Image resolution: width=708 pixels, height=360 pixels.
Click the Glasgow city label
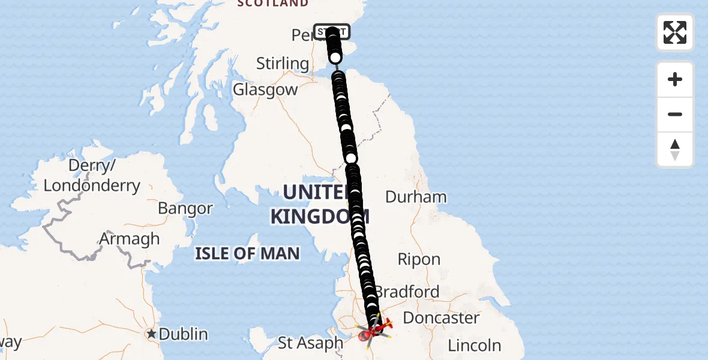click(x=265, y=90)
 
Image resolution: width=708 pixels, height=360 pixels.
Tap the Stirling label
click(x=282, y=63)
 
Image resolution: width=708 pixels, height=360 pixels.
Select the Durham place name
click(x=416, y=197)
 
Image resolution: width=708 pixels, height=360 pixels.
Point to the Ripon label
click(x=419, y=260)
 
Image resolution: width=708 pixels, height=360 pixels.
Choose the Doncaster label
click(x=442, y=318)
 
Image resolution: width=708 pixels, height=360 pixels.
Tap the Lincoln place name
click(x=475, y=346)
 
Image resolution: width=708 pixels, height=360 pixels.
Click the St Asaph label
click(x=311, y=343)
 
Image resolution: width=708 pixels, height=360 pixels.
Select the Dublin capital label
click(x=179, y=334)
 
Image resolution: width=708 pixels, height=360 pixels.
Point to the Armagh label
click(x=130, y=239)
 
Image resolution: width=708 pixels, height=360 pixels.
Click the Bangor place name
click(x=185, y=209)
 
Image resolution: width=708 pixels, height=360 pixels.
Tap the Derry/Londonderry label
click(x=92, y=175)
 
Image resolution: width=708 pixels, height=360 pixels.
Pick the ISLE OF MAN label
click(x=247, y=253)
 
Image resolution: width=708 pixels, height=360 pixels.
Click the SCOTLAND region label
click(x=273, y=4)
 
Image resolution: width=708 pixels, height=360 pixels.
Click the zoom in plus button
click(x=675, y=79)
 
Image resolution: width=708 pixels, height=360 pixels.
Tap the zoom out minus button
click(x=675, y=114)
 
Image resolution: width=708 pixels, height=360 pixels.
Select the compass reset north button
click(x=675, y=149)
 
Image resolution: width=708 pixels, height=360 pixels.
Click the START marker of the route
click(x=331, y=31)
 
